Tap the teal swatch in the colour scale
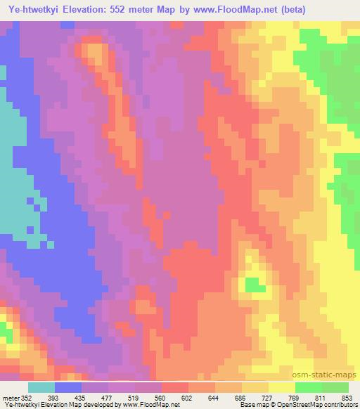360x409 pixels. point(41,387)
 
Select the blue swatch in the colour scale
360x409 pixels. point(67,387)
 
